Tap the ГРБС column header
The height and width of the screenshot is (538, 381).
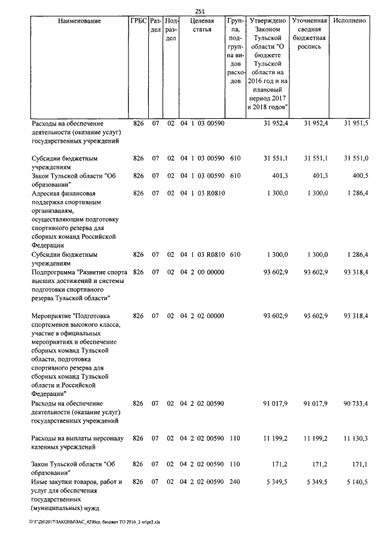tap(138, 21)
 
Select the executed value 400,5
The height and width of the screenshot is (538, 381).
tap(359, 175)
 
